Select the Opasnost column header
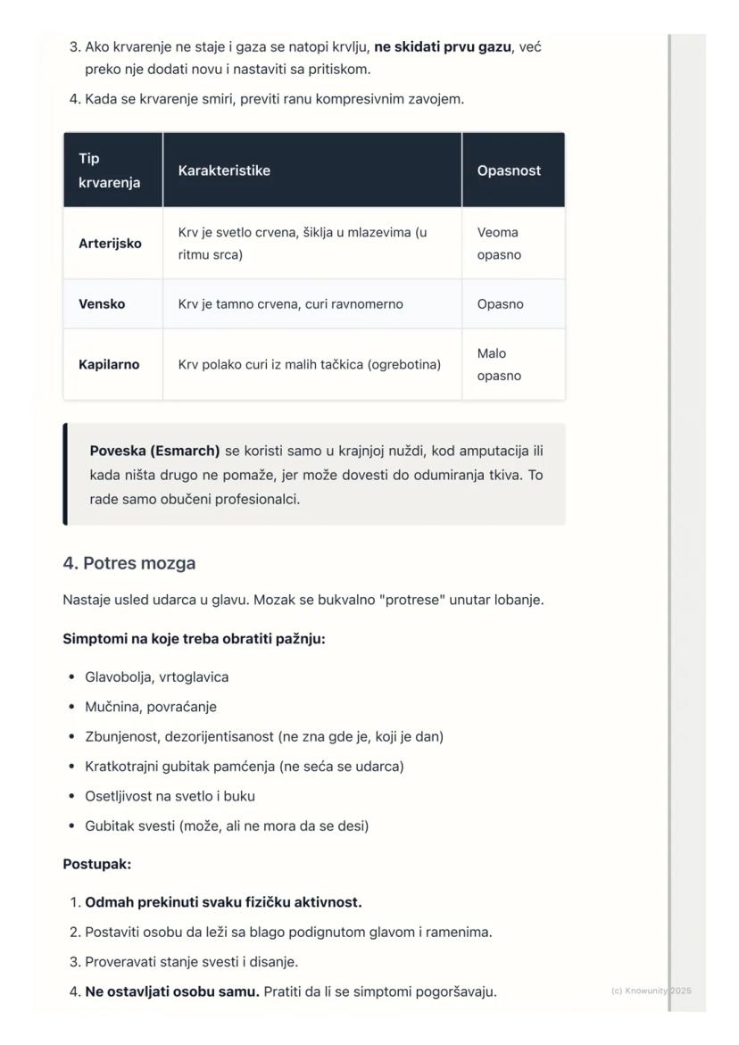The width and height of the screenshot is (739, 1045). pyautogui.click(x=509, y=170)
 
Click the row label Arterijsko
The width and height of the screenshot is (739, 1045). pyautogui.click(x=110, y=244)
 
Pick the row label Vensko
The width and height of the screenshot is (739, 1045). pyautogui.click(x=102, y=304)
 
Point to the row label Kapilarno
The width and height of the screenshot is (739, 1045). pyautogui.click(x=109, y=365)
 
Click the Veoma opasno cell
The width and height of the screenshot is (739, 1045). pyautogui.click(x=498, y=244)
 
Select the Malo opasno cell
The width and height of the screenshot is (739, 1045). pyautogui.click(x=498, y=365)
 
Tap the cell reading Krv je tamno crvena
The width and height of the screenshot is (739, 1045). pyautogui.click(x=290, y=304)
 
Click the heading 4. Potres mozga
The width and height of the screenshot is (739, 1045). pyautogui.click(x=129, y=564)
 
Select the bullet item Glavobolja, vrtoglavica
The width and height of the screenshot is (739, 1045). pyautogui.click(x=156, y=677)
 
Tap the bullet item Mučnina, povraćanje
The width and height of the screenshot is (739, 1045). pyautogui.click(x=151, y=707)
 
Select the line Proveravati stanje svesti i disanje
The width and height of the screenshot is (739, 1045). pyautogui.click(x=191, y=962)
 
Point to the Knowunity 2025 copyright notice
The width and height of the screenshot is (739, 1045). pyautogui.click(x=651, y=991)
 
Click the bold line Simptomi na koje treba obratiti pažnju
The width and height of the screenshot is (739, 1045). pyautogui.click(x=194, y=639)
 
